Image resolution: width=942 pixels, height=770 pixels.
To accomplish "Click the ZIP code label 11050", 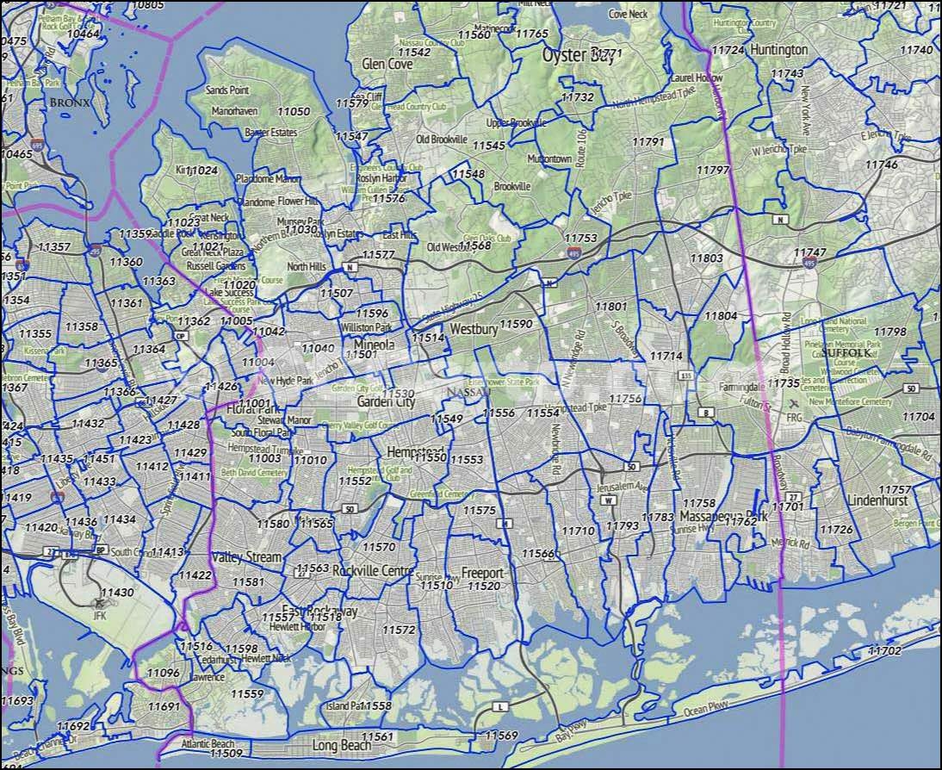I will (294, 112).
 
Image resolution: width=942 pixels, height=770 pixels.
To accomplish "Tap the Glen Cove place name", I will (387, 65).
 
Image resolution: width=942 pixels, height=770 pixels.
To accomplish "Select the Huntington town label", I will (778, 50).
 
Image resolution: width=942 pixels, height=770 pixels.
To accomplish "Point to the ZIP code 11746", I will (881, 164).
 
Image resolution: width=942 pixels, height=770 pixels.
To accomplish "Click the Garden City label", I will (386, 402).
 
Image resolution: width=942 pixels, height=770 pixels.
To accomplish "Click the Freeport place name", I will (482, 573).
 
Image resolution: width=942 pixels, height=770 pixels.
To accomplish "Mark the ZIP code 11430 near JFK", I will (117, 593).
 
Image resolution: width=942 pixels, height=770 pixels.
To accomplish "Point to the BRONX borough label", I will (70, 102).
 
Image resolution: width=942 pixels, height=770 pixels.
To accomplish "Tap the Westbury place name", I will (474, 329).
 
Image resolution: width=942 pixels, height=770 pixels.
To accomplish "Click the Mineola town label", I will (374, 345).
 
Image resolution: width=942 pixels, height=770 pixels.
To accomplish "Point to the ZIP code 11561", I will (377, 736).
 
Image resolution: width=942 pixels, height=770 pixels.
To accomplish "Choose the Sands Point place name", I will (227, 90).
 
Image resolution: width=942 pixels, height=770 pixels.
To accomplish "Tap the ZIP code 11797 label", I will (713, 171).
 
